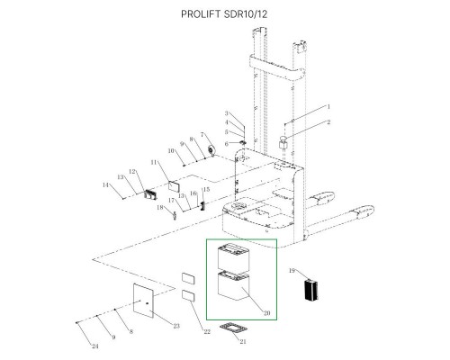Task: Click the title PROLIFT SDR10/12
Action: click(x=224, y=14)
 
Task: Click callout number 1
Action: click(x=328, y=106)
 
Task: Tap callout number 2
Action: click(x=328, y=122)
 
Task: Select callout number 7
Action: click(x=202, y=134)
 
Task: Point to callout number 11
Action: click(x=154, y=162)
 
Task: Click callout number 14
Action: click(x=105, y=185)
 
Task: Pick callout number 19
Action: click(x=292, y=271)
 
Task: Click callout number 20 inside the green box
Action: click(x=266, y=313)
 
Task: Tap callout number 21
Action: click(x=243, y=341)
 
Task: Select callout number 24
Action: click(x=95, y=346)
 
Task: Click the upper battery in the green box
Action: click(x=233, y=256)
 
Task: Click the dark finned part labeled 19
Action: click(x=311, y=290)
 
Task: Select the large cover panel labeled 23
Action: click(x=143, y=300)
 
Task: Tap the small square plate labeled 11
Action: click(x=174, y=186)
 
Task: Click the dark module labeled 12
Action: click(x=150, y=194)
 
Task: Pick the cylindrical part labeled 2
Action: click(x=283, y=142)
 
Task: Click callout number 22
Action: click(x=207, y=331)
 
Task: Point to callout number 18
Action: click(x=160, y=207)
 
